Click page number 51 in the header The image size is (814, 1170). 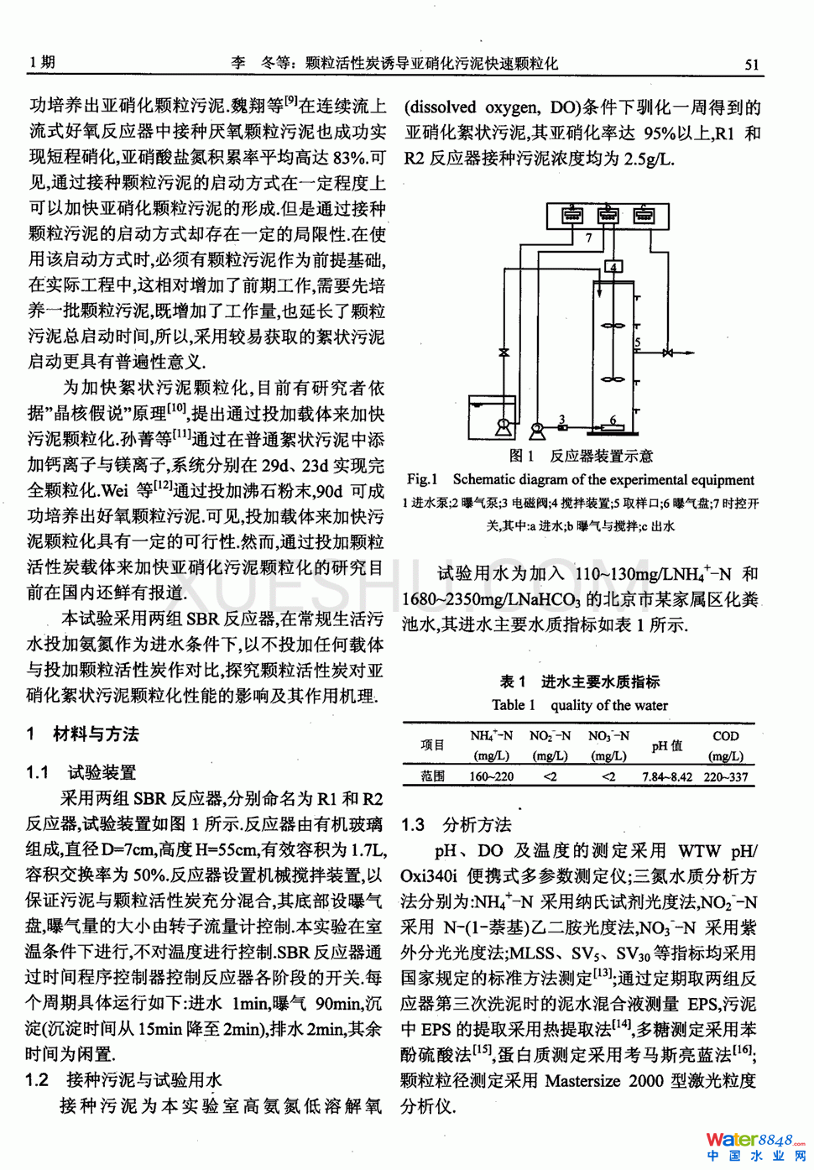[751, 64]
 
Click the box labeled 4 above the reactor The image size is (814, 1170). [613, 267]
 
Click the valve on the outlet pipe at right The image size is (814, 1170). [667, 353]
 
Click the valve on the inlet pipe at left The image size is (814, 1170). [504, 353]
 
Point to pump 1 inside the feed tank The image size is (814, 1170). [503, 426]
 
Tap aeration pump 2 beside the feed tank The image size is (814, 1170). [537, 431]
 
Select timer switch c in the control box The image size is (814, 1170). [644, 214]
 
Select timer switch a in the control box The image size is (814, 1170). [572, 214]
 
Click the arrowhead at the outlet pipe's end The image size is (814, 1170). [691, 353]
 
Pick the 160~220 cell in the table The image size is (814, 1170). [491, 776]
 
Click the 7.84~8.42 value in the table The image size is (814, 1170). [667, 776]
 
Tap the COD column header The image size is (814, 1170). [725, 736]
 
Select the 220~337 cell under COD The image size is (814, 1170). [726, 776]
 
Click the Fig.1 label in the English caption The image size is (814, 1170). [422, 479]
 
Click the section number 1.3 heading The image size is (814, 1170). [413, 825]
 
